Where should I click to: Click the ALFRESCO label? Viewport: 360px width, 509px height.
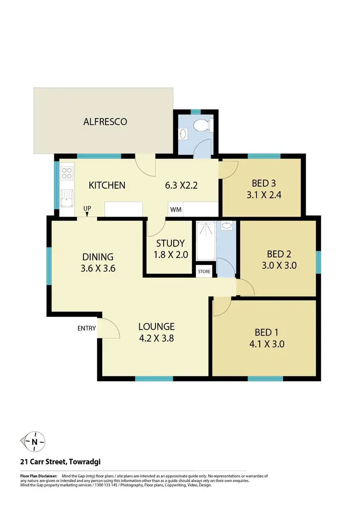click(105, 121)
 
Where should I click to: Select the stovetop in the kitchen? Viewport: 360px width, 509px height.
click(67, 173)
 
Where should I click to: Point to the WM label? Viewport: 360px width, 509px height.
click(175, 210)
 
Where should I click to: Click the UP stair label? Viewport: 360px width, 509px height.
click(87, 208)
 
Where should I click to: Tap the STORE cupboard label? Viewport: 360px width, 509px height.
click(204, 272)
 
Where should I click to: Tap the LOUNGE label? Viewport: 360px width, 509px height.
click(156, 327)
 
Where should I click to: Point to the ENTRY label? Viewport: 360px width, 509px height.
click(86, 328)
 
